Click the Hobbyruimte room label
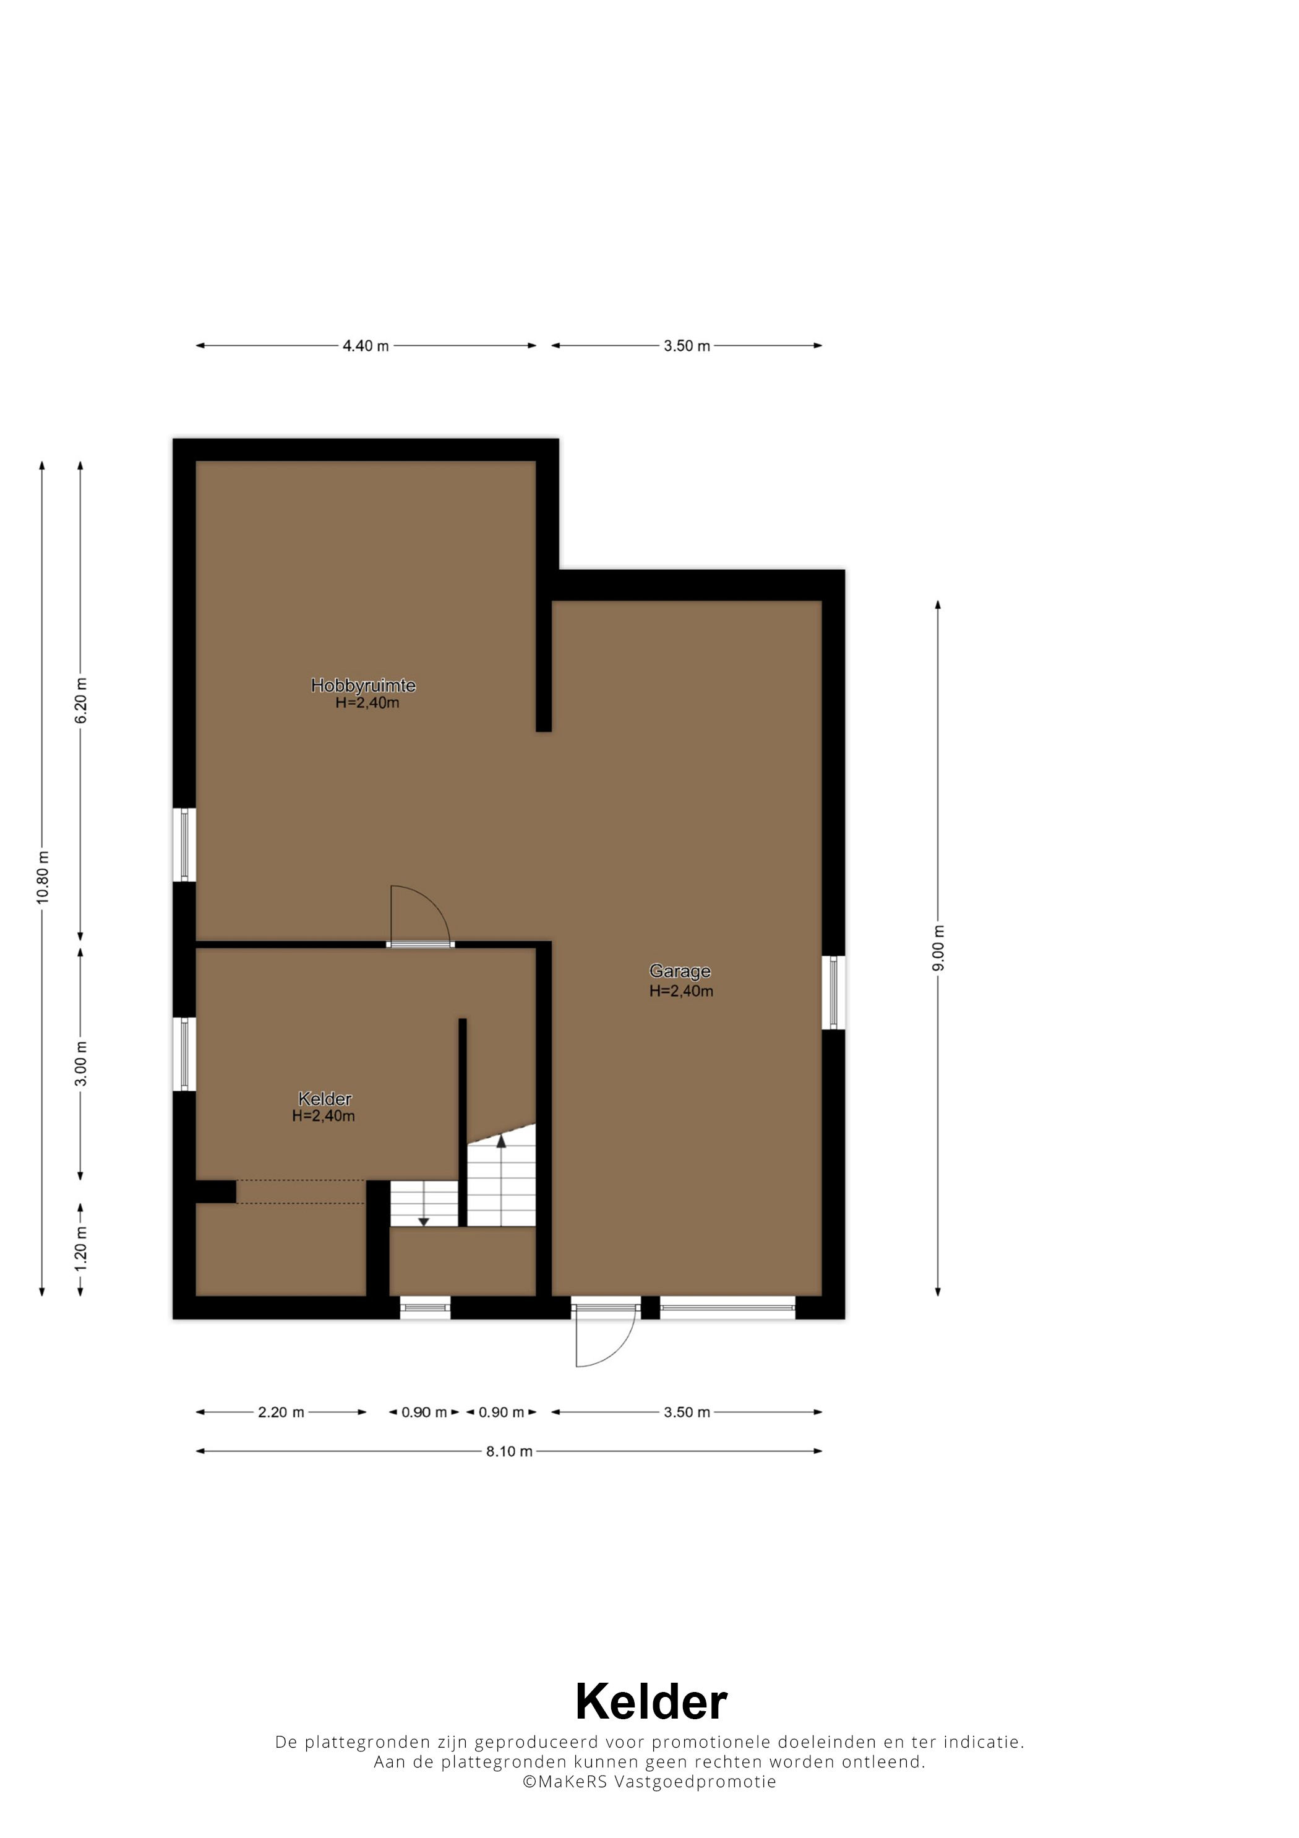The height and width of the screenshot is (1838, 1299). pyautogui.click(x=363, y=685)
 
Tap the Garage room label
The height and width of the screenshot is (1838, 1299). pyautogui.click(x=680, y=971)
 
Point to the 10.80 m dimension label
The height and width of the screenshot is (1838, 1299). pyautogui.click(x=43, y=877)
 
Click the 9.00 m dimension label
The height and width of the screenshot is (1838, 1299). pyautogui.click(x=938, y=948)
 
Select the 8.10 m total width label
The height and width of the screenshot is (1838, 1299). pyautogui.click(x=509, y=1451)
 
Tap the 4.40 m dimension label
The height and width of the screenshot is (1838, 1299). pyautogui.click(x=366, y=346)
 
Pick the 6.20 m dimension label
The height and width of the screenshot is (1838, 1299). pyautogui.click(x=81, y=700)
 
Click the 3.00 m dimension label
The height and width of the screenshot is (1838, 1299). pyautogui.click(x=81, y=1064)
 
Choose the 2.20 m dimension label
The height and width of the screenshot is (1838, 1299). pyautogui.click(x=281, y=1412)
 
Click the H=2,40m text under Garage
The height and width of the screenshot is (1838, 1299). pyautogui.click(x=681, y=991)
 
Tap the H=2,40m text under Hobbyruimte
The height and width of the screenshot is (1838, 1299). pyautogui.click(x=367, y=703)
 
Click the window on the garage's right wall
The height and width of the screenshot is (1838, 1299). pyautogui.click(x=833, y=993)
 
